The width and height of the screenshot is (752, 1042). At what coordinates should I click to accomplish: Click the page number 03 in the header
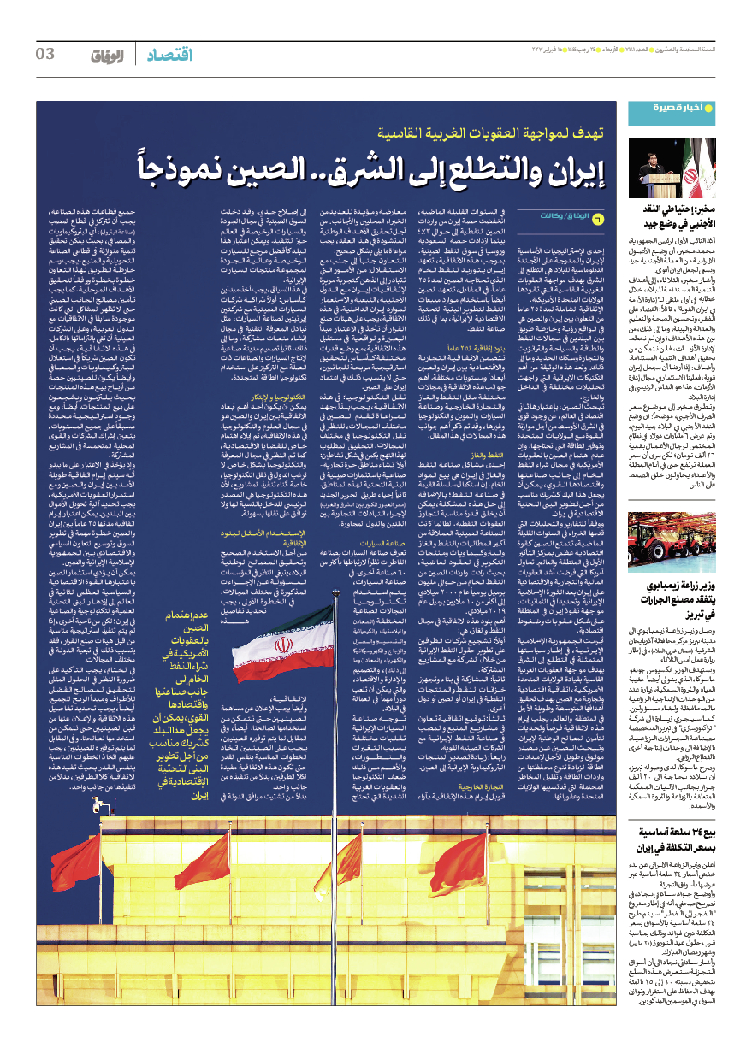[x=45, y=55]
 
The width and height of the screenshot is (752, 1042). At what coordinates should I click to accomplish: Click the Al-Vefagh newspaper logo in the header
[x=108, y=56]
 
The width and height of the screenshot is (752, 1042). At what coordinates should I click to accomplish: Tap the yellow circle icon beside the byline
[x=597, y=218]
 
